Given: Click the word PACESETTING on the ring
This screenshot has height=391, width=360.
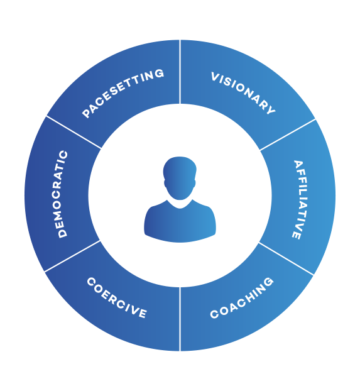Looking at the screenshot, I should pyautogui.click(x=123, y=93).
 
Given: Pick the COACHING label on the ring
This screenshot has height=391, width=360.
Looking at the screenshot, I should pyautogui.click(x=242, y=297).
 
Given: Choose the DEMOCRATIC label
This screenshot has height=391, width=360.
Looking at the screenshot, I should pyautogui.click(x=62, y=194).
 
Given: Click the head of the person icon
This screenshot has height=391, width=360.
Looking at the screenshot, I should pyautogui.click(x=180, y=177).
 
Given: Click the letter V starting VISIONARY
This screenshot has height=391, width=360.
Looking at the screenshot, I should pyautogui.click(x=215, y=78).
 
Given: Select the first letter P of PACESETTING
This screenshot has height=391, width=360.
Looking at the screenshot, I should pyautogui.click(x=87, y=114).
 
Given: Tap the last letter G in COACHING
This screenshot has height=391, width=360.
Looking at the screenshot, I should pyautogui.click(x=269, y=281).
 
